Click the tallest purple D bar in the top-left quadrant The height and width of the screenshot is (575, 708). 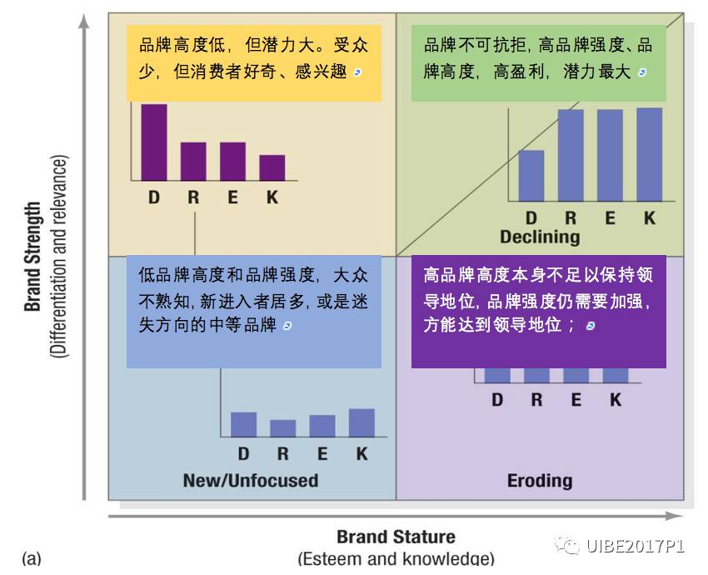(153, 142)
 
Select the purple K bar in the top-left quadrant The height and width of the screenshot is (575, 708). (272, 167)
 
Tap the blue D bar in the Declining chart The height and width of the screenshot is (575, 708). (531, 175)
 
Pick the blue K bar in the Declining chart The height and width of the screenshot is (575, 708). (649, 154)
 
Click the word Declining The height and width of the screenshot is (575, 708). (540, 237)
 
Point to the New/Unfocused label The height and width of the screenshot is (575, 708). (250, 481)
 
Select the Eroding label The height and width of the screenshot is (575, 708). (540, 481)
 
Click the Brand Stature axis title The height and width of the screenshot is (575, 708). (396, 537)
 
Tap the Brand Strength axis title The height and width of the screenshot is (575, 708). (32, 257)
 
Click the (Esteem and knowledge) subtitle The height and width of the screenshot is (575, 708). (396, 559)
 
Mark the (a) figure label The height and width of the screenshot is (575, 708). (32, 558)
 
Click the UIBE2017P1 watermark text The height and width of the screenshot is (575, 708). (635, 547)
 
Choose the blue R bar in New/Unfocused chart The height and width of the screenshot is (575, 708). (282, 428)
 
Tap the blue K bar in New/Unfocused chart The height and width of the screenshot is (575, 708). (361, 422)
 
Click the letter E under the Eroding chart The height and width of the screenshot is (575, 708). (576, 400)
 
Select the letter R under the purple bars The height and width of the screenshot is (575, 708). (193, 198)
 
